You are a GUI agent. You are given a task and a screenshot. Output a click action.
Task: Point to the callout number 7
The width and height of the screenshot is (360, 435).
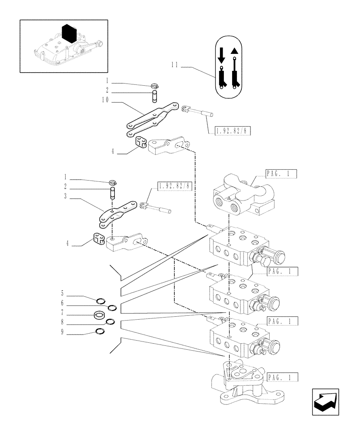click(62, 313)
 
